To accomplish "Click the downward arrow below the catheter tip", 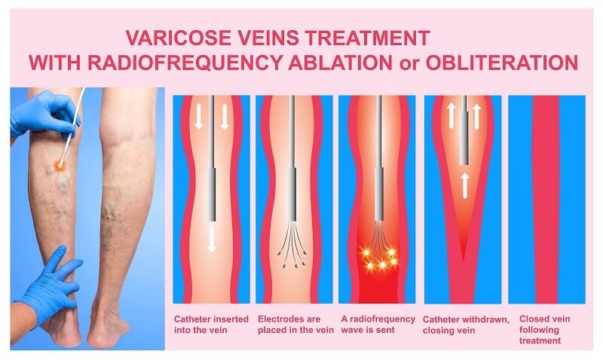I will [x=212, y=237].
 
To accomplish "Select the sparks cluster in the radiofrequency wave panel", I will [x=376, y=260].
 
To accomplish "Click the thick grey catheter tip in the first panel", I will [x=212, y=192].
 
